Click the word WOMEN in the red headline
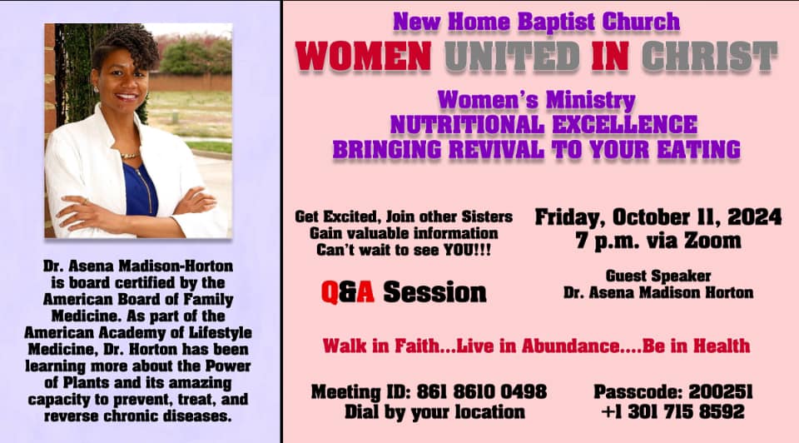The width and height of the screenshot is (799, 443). (364, 56)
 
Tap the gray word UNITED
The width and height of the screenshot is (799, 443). (512, 56)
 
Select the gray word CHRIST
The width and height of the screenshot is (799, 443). (709, 56)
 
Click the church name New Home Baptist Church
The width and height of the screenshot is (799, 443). (537, 22)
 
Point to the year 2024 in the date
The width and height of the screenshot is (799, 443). (754, 217)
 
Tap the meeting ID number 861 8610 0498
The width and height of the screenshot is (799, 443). (482, 391)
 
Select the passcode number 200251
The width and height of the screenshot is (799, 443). (721, 391)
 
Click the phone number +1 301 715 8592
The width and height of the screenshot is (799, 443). (672, 411)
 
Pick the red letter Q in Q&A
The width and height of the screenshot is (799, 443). (330, 292)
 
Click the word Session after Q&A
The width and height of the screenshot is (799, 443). (434, 292)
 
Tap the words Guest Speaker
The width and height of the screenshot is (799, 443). (658, 276)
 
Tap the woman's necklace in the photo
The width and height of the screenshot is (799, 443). (129, 155)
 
